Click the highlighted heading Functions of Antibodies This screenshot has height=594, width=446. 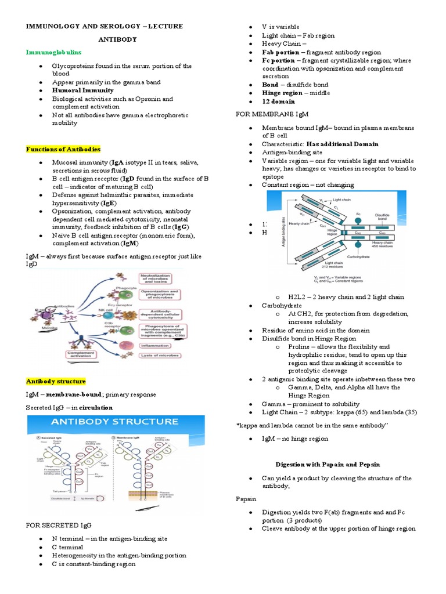(63, 149)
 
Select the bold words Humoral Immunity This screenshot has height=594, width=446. (82, 90)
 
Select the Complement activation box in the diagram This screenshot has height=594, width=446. (81, 354)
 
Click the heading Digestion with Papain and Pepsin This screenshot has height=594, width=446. (328, 465)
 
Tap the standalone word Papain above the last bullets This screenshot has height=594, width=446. (246, 498)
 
